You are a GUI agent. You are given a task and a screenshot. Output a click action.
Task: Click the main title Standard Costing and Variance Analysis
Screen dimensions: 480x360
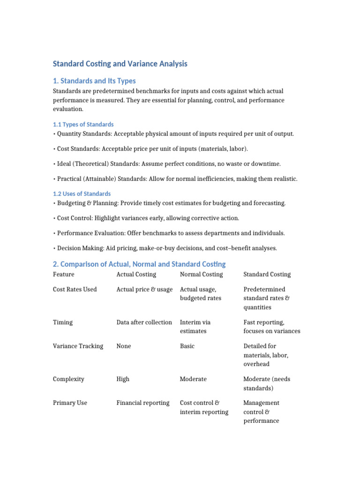point(120,64)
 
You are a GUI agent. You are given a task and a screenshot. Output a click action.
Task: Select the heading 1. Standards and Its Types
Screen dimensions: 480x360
point(94,81)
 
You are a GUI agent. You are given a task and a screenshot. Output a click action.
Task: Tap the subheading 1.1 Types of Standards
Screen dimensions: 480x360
point(83,124)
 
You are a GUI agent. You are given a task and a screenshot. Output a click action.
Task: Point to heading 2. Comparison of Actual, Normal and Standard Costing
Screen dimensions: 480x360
point(139,264)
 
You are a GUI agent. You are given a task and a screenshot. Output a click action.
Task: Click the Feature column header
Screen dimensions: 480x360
point(63,274)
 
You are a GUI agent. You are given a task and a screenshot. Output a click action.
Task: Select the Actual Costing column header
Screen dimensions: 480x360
point(136,274)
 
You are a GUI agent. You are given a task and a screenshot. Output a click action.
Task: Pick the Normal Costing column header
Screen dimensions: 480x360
point(201,274)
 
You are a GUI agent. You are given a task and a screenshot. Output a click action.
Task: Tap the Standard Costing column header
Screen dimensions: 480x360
point(267,274)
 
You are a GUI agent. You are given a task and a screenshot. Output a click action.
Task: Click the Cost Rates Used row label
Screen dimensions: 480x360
point(75,289)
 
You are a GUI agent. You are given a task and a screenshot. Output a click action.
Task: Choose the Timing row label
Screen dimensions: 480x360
point(63,322)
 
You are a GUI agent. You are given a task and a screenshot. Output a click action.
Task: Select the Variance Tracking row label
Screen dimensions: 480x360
point(78,346)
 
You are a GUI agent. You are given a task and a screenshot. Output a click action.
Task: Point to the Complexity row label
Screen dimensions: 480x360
point(68,379)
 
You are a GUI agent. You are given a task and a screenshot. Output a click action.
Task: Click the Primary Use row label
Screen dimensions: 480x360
point(70,403)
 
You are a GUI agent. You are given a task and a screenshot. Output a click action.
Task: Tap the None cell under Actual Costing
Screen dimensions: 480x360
point(124,346)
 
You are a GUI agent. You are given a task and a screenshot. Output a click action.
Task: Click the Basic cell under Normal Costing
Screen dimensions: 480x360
point(187,346)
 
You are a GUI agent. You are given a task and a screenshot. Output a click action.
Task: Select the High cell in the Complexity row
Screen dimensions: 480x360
point(123,379)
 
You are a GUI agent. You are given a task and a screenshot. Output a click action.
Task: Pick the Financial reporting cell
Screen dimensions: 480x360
point(143,403)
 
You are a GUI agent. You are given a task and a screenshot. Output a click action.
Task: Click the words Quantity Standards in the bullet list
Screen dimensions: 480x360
point(82,134)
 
